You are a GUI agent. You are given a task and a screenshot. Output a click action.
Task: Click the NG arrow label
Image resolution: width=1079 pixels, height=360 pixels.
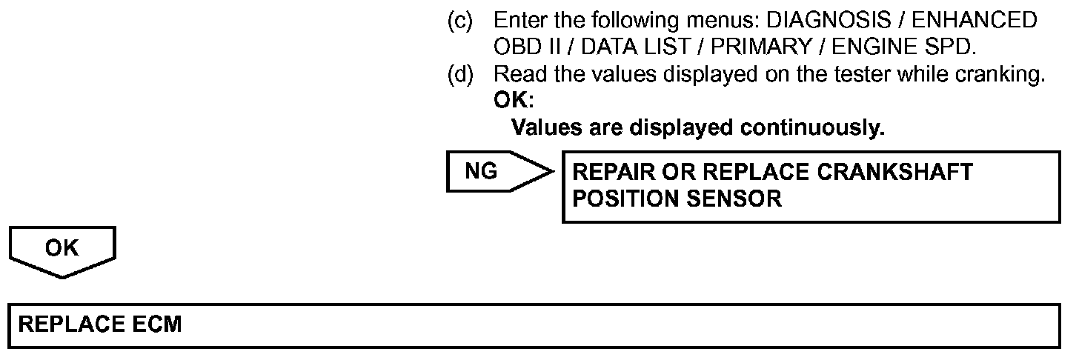[x=482, y=172]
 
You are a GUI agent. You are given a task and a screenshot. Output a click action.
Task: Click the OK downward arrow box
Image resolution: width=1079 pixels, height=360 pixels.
[x=62, y=249]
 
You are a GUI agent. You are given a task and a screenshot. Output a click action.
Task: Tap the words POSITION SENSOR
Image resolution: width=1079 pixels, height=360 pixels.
[x=677, y=199]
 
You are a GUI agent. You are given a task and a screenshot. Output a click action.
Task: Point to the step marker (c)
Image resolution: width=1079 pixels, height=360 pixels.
[x=459, y=21]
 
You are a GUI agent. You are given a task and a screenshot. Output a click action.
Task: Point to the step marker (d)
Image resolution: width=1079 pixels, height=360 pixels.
[x=459, y=74]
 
